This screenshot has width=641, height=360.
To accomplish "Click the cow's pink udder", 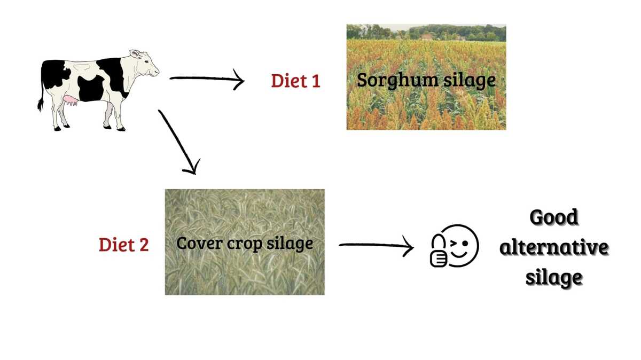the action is coord(70,100).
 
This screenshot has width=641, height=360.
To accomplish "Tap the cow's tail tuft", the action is coord(40,105).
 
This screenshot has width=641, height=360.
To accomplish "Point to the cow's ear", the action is coord(135,54).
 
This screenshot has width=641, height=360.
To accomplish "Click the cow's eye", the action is coord(146,61).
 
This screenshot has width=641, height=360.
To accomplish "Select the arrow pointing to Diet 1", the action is coord(207,79).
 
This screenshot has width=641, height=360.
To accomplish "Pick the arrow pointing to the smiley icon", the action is coord(376,246).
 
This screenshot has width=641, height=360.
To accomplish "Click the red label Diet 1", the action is coord(295,81).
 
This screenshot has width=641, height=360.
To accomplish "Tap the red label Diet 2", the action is coord(124,245).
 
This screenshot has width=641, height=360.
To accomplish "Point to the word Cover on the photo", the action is coord(199,244).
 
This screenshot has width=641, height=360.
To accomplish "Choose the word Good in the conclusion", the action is coord(554,217).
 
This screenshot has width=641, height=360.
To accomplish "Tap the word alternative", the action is coord(554,247).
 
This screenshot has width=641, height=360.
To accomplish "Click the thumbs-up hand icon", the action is coord(439,251).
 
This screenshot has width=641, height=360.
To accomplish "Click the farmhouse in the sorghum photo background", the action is coord(427,37).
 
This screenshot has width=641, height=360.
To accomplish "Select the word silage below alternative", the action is coord(554,277).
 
